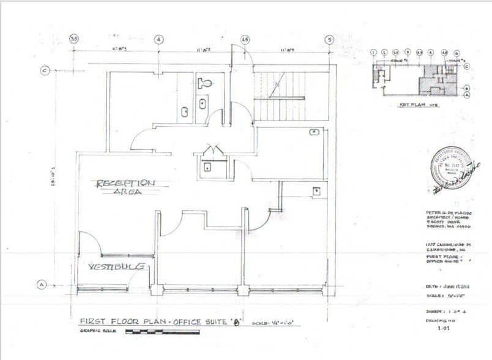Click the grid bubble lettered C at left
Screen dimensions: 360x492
(x=45, y=70)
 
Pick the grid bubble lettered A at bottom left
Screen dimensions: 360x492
(x=42, y=284)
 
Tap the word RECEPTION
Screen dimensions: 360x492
(x=125, y=183)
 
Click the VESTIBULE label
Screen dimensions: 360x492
(x=117, y=267)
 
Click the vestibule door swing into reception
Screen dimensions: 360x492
(x=89, y=242)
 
